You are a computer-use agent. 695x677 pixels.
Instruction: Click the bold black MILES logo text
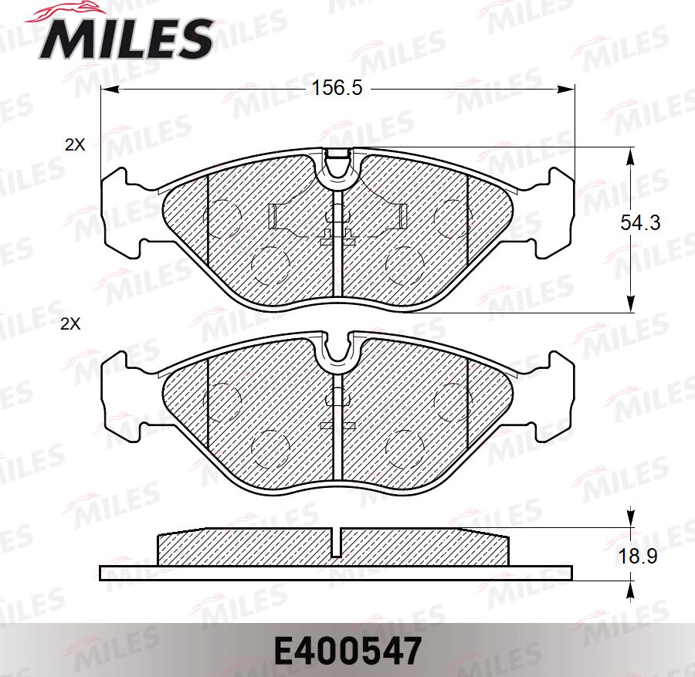tap(127, 38)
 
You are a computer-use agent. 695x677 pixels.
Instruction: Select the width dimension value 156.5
tap(336, 89)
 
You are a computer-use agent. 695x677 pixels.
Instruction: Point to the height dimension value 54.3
tap(640, 223)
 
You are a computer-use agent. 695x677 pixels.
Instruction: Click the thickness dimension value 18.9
tap(639, 556)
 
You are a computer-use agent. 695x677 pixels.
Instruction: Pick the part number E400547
tap(347, 652)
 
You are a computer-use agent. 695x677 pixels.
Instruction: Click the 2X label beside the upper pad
tap(75, 144)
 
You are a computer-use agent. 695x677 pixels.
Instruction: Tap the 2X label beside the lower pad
tap(70, 325)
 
